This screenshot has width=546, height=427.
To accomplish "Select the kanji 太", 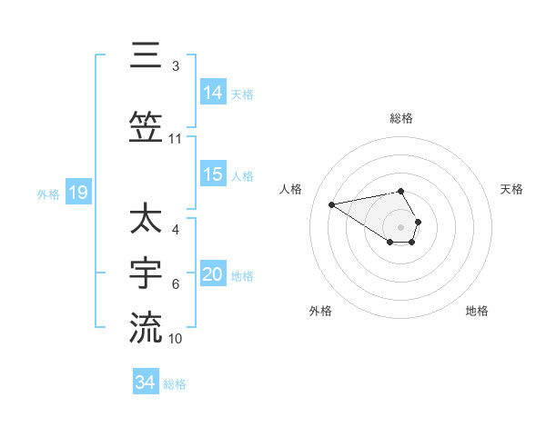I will point(146,220).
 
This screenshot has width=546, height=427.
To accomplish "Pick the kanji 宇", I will point(146,272).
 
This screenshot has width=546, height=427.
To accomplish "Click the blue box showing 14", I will point(213,92).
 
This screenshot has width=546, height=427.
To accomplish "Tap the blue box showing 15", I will point(213,174).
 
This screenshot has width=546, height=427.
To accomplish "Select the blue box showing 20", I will point(213,274).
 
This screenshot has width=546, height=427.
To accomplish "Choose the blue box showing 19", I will point(78,193).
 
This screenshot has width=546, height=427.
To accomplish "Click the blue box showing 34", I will point(146,382).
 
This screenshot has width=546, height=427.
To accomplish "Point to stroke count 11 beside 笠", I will point(175,139).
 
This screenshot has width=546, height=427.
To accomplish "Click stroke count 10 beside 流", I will point(176,339).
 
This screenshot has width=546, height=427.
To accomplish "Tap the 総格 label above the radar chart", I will point(401,118).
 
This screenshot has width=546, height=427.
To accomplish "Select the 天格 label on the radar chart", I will point(511,189).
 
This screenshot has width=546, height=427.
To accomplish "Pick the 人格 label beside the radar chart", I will point(291,189).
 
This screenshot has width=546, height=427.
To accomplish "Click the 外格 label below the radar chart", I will point(320,311).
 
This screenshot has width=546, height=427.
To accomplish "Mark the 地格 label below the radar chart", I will point(477,311).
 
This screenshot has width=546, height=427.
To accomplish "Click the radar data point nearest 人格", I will point(332,204).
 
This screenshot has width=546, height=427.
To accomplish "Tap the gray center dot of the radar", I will point(401,227).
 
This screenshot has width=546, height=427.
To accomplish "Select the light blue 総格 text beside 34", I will point(175,384).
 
